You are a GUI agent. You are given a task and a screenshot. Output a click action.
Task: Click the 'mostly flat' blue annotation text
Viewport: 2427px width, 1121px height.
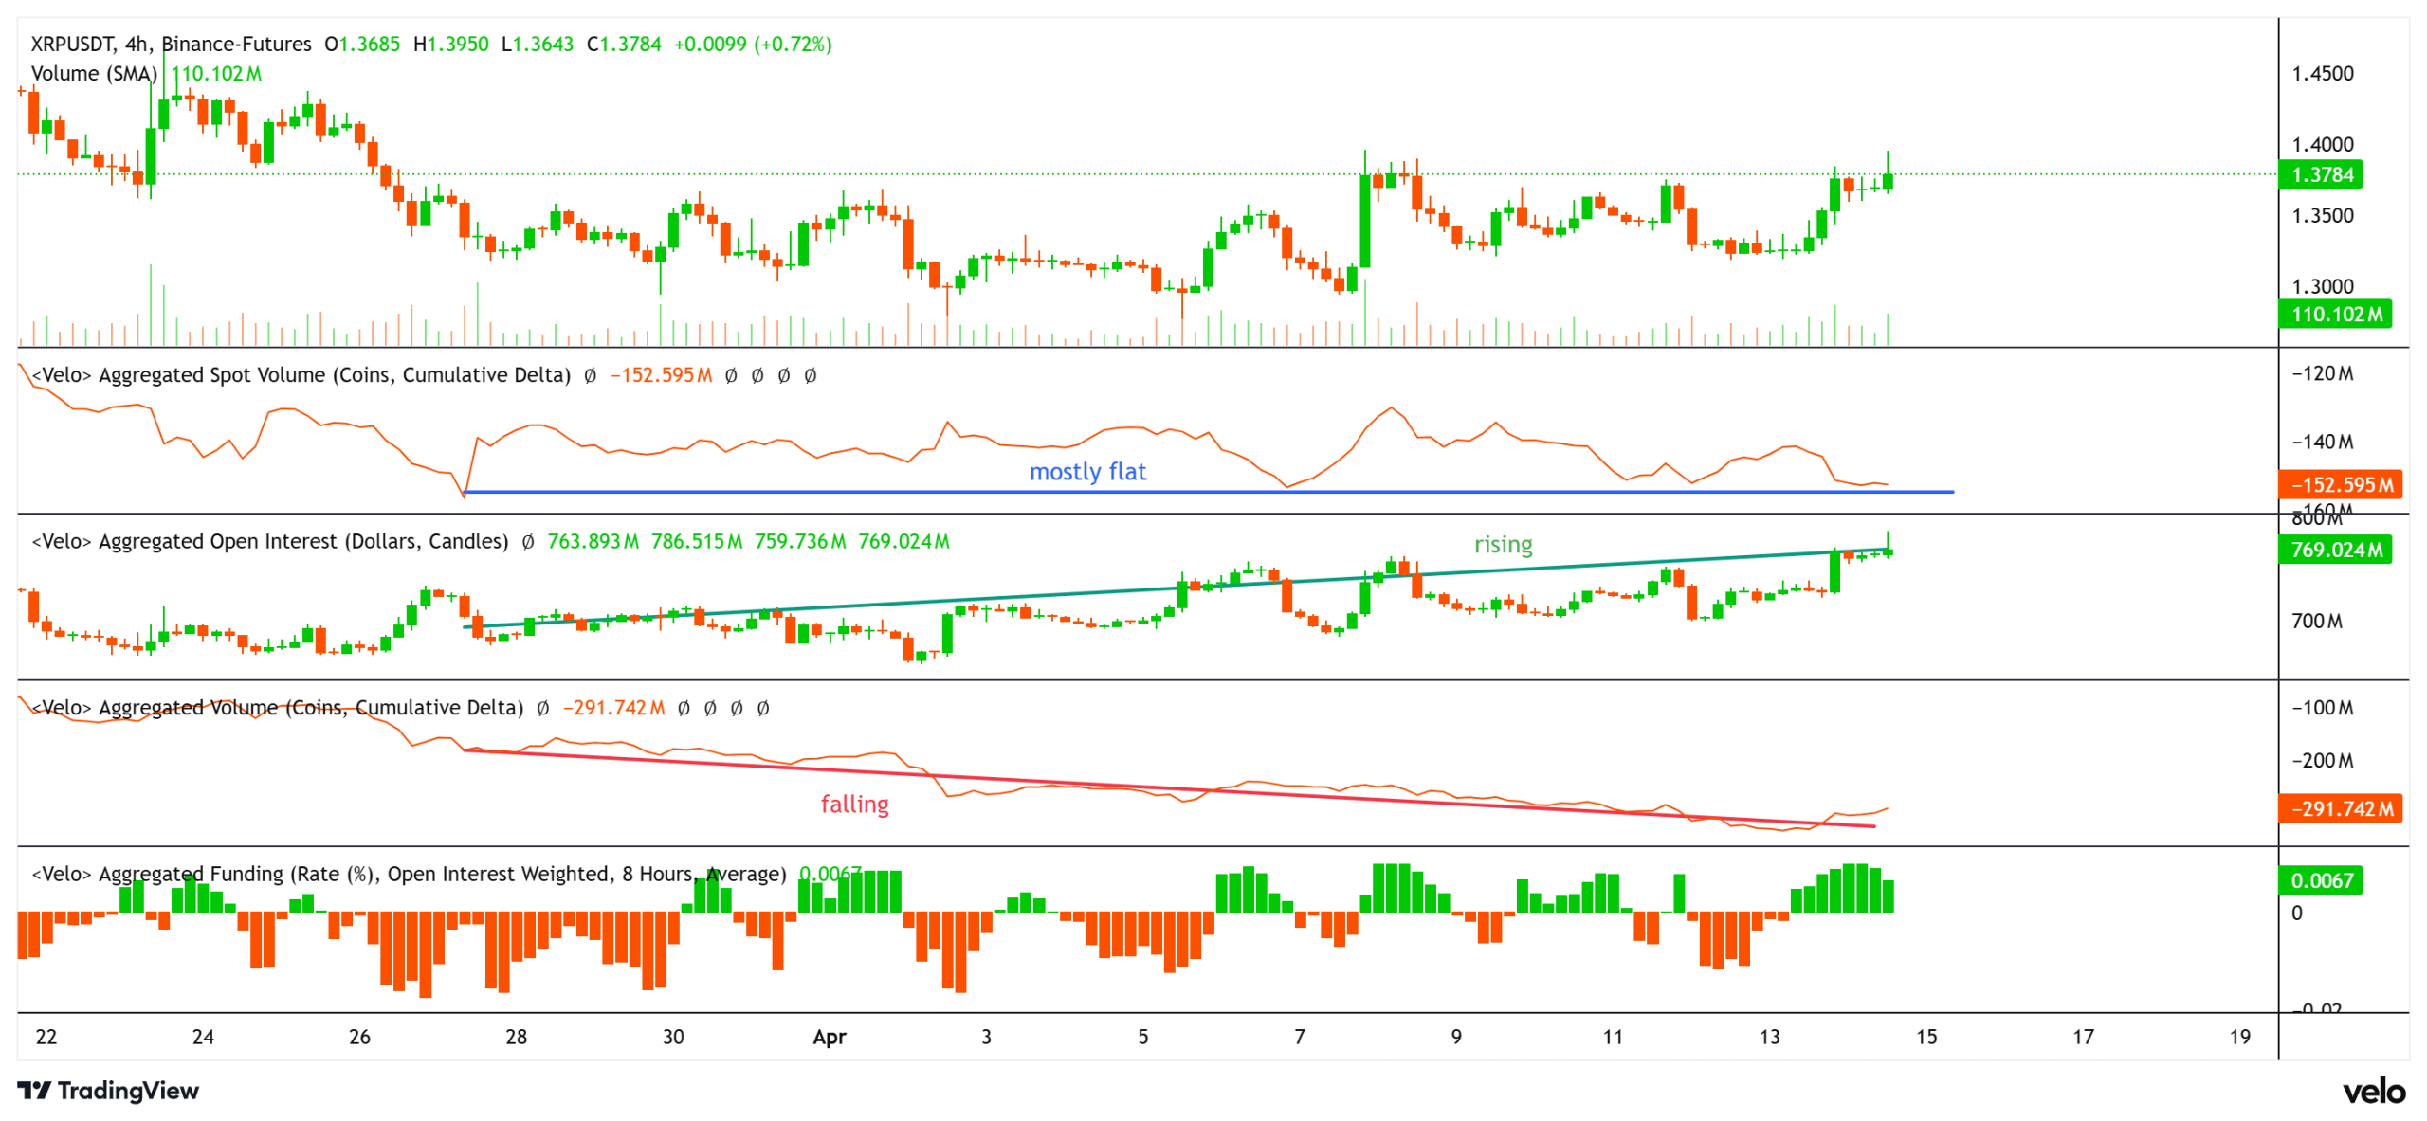(x=1087, y=471)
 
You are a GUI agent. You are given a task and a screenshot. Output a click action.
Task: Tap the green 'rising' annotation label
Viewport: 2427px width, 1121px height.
(x=1503, y=544)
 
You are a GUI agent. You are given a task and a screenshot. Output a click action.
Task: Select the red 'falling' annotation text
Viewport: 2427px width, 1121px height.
(x=854, y=804)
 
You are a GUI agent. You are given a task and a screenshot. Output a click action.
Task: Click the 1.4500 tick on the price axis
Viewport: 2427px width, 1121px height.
(x=2322, y=73)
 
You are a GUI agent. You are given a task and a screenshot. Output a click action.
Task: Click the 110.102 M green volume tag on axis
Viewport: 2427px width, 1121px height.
(x=2334, y=314)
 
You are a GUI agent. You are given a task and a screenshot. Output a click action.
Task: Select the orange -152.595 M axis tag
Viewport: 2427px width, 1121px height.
(x=2339, y=484)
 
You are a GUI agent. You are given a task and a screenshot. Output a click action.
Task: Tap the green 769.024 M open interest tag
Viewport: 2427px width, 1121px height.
(x=2334, y=549)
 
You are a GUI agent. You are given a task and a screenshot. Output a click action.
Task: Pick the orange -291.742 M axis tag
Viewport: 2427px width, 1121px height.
(x=2339, y=808)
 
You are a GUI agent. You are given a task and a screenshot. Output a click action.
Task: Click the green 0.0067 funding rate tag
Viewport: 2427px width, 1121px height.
(x=2320, y=880)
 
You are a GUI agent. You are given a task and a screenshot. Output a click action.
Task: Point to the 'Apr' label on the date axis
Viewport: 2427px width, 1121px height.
(x=829, y=1037)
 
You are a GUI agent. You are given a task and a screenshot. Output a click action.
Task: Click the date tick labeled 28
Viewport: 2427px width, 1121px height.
(x=516, y=1037)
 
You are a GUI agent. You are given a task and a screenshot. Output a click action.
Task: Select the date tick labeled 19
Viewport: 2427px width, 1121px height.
(x=2239, y=1037)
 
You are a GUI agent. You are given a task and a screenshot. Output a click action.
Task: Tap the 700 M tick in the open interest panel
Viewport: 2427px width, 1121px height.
(x=2316, y=621)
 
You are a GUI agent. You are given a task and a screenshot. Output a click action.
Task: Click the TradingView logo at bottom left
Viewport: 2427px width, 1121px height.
(x=108, y=1090)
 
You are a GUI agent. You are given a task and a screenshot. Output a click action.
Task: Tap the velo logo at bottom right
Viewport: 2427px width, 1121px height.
(x=2373, y=1092)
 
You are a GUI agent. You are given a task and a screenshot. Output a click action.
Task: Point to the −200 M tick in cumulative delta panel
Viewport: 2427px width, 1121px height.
(x=2322, y=760)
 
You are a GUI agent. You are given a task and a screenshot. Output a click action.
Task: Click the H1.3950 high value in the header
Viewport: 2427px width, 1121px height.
(x=450, y=44)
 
